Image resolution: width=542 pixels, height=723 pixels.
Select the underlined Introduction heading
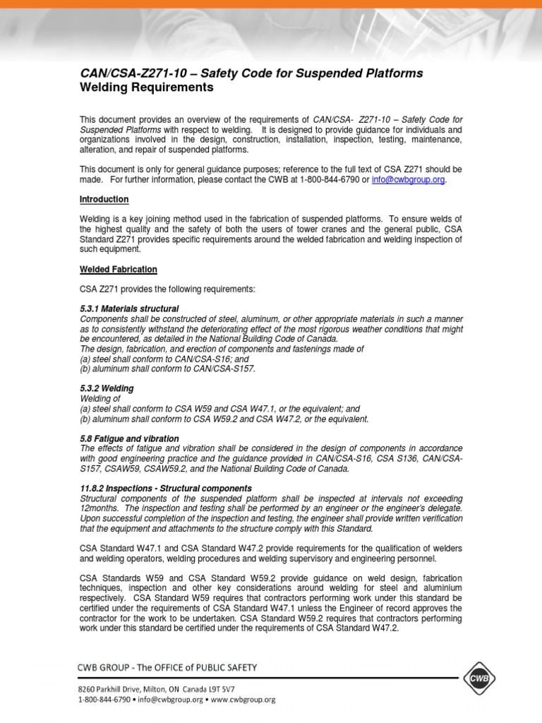click(x=104, y=200)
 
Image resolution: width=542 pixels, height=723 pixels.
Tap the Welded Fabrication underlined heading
click(x=118, y=270)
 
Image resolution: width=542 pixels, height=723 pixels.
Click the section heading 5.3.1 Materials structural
click(x=129, y=309)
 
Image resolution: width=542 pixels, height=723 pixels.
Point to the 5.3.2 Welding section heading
click(x=107, y=389)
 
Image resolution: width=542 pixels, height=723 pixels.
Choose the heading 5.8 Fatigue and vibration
click(x=129, y=438)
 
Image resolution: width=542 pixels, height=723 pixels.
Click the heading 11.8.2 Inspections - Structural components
click(x=166, y=489)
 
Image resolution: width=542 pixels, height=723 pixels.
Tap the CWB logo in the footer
click(x=481, y=679)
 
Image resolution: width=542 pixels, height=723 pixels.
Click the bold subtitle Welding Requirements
click(x=146, y=88)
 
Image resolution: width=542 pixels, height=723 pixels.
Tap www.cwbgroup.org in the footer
click(x=241, y=700)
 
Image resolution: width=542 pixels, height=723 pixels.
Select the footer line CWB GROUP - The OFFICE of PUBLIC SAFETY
click(x=167, y=667)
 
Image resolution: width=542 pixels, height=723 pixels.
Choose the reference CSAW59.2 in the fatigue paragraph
click(x=160, y=468)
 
